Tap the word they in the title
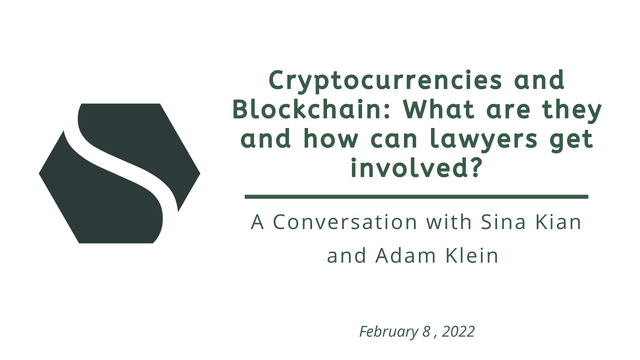(572, 109)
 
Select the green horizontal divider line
(416, 197)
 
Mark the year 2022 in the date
(458, 331)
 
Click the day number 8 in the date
(426, 331)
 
